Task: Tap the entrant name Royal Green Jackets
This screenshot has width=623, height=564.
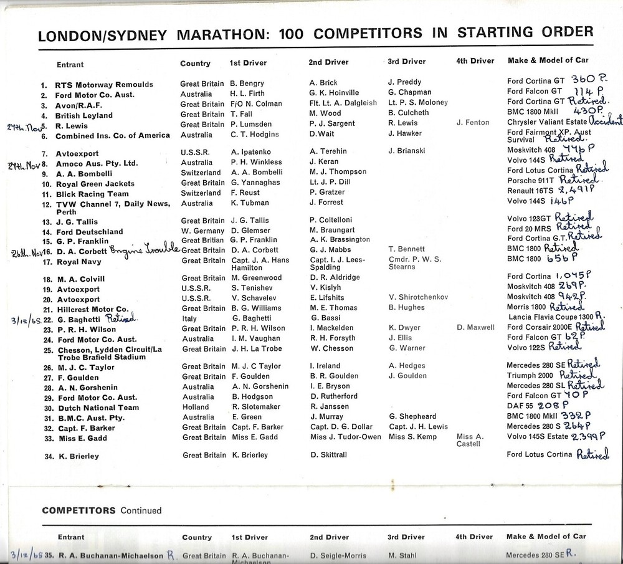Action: point(95,184)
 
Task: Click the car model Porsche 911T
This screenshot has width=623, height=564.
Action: point(530,183)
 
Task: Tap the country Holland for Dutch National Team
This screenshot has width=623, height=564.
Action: point(195,408)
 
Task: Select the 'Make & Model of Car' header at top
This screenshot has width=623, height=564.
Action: point(546,60)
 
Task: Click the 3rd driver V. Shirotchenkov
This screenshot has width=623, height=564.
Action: point(417,297)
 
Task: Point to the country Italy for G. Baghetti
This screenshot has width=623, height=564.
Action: point(189,318)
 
